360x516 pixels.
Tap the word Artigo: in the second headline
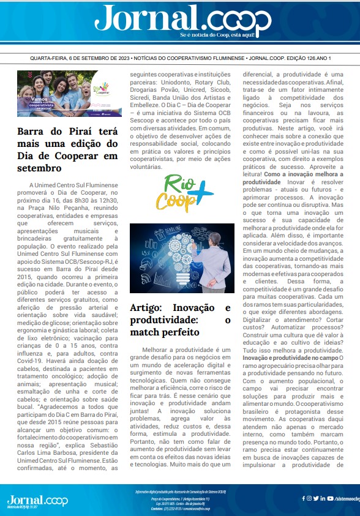150,308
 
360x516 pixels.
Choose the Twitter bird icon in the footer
316,498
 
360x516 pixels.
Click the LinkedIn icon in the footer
323,498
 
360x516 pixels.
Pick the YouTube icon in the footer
329,498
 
